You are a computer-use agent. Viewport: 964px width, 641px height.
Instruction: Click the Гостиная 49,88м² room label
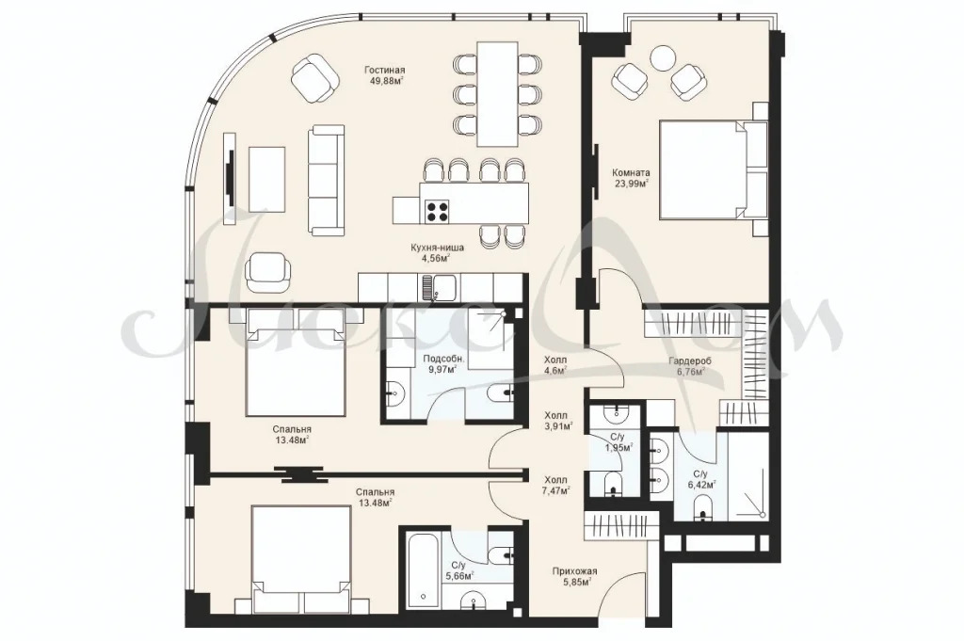[x=384, y=75]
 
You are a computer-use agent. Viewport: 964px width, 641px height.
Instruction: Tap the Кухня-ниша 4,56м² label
[x=438, y=252]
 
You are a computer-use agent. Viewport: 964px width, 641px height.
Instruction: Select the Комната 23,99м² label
[x=633, y=178]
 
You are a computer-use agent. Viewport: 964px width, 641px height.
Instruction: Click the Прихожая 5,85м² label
[x=575, y=576]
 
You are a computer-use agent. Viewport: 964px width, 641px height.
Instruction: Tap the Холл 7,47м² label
[x=556, y=485]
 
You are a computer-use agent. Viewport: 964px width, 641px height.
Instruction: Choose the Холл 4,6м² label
[x=555, y=364]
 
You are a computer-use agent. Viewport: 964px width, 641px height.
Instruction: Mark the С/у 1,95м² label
[x=618, y=441]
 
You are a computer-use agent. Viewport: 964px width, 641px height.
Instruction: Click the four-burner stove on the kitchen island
[x=435, y=212]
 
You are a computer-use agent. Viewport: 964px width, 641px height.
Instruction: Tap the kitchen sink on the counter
[x=439, y=287]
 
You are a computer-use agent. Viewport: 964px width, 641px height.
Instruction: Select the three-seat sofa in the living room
[x=325, y=180]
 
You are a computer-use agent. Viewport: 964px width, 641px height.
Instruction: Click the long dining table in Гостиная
[x=497, y=93]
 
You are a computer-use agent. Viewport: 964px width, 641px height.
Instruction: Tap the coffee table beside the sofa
[x=266, y=179]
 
